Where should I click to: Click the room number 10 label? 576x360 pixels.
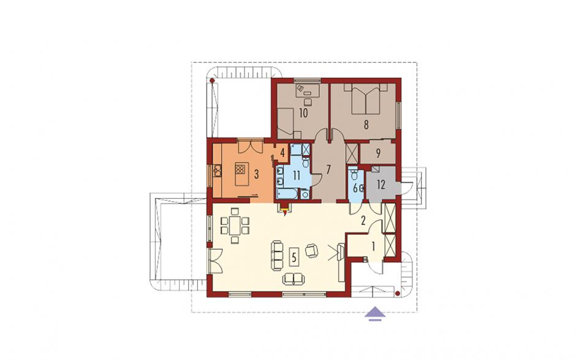[303, 113]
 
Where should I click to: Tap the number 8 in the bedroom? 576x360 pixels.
[366, 125]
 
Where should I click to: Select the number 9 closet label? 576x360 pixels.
[378, 153]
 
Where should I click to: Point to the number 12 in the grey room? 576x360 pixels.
[381, 185]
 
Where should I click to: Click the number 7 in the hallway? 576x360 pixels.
[328, 169]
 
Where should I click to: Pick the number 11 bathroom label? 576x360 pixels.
[297, 175]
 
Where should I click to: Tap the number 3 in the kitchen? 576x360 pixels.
[256, 174]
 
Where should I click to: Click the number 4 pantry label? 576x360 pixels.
[282, 153]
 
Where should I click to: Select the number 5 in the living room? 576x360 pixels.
[294, 257]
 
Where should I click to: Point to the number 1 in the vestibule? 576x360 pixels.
[374, 247]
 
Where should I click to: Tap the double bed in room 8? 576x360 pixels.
[366, 99]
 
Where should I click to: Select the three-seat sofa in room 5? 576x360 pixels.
[278, 255]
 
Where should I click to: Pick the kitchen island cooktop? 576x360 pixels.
[240, 169]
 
